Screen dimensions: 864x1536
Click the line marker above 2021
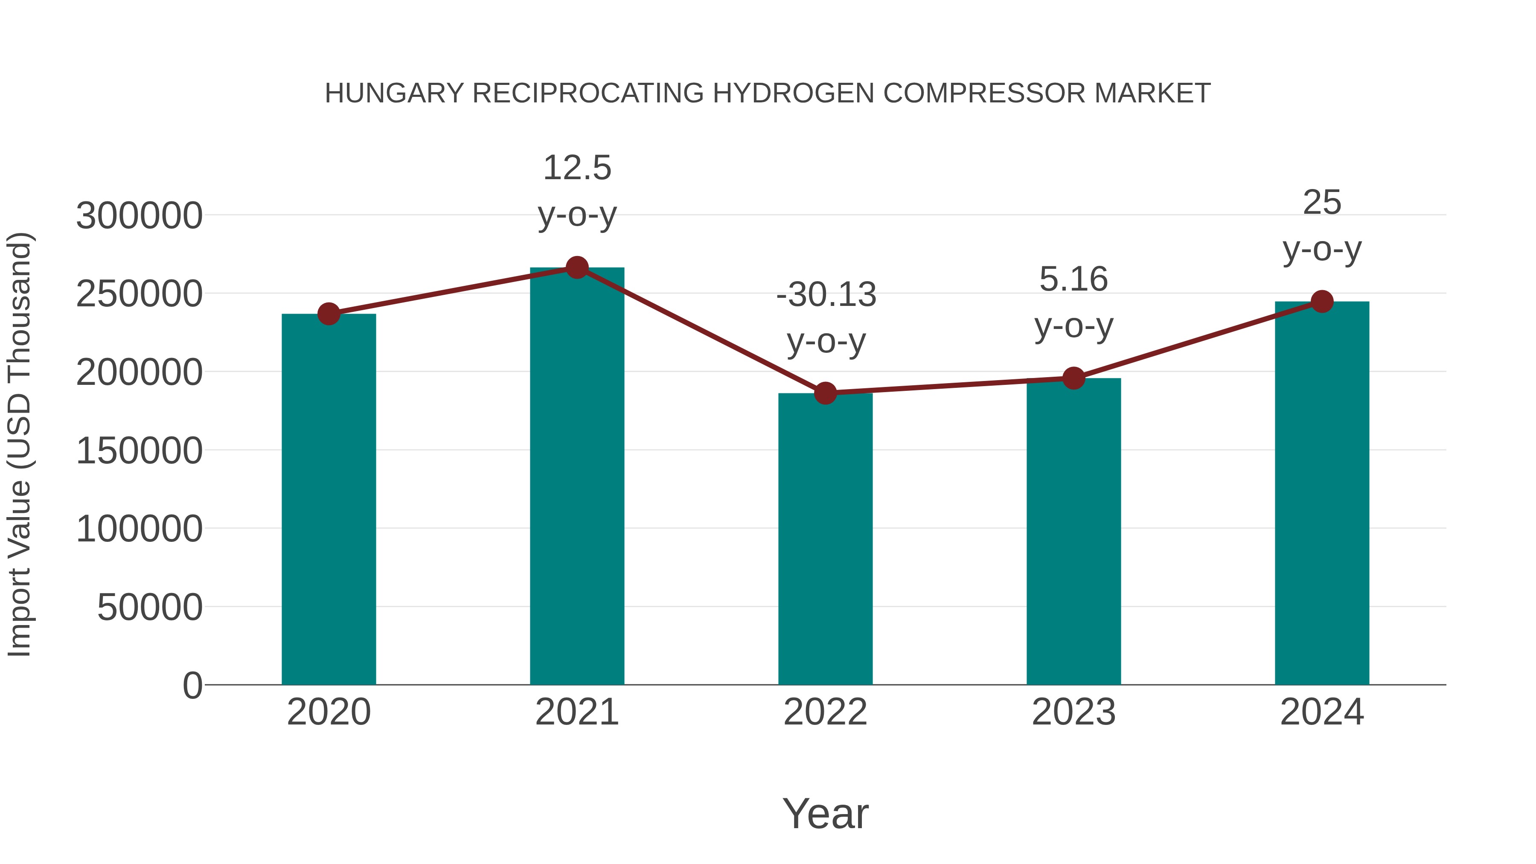[576, 268]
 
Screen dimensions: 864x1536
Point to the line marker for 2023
[1073, 378]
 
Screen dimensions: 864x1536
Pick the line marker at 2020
[329, 314]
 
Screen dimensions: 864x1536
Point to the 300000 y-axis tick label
[139, 215]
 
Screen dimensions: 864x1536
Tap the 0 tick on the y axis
[192, 685]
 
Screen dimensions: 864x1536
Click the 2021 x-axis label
[576, 712]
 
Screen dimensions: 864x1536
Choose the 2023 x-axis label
[1073, 712]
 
